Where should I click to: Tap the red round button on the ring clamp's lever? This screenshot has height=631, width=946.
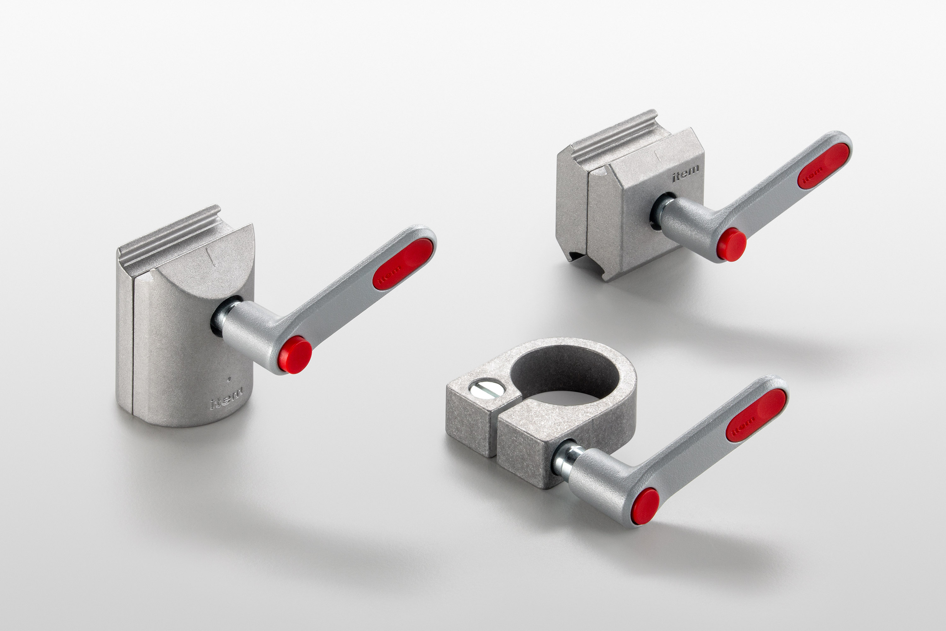click(x=645, y=506)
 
